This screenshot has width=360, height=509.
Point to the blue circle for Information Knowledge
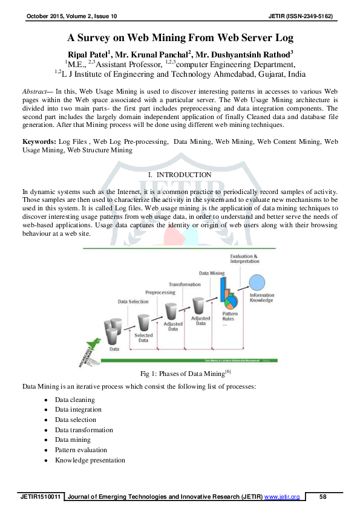pos(259,282)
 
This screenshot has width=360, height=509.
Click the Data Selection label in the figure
pos(133,300)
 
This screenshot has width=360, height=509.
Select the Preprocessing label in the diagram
pos(160,292)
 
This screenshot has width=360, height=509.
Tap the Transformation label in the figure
pos(185,284)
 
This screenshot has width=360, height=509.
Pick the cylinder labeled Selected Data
pos(143,322)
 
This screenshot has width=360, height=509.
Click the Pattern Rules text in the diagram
pos(230,317)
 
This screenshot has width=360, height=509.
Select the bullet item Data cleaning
pos(74,400)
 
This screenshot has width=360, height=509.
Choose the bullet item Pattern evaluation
pos(80,450)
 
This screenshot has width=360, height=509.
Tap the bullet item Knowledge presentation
pos(90,460)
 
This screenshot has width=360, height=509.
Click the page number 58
pos(322,497)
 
